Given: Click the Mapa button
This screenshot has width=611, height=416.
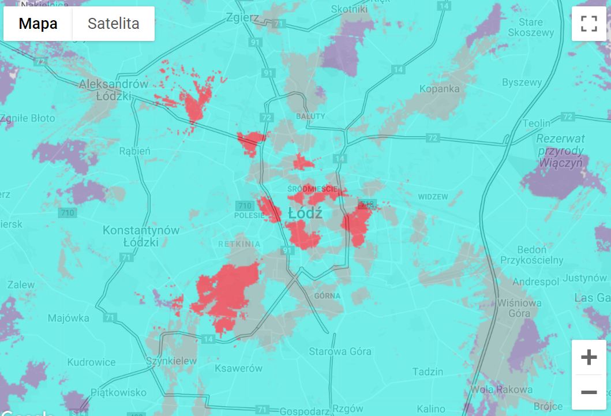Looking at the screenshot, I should coord(38,24).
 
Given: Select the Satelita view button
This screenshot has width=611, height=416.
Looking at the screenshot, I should coord(113,24).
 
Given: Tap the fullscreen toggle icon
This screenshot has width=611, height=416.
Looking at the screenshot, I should coord(588,24).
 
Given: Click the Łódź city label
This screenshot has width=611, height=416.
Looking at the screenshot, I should coord(305,213).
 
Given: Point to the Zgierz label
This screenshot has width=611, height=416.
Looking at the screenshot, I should coord(243,17).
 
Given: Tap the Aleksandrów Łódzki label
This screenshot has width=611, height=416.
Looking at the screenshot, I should coord(114,89).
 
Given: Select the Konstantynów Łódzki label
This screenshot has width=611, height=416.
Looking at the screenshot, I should coord(141,236).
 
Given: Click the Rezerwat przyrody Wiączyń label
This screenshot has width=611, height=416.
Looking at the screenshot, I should coord(560,151).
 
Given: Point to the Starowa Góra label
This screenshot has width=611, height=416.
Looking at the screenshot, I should coord(340,351).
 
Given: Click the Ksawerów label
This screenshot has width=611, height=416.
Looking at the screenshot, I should coord(238,368).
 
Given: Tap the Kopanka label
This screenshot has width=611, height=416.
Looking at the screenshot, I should coord(440,89).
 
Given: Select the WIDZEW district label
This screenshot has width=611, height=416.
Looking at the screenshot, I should coord(433,197).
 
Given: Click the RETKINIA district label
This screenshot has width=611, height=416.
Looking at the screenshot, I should coord(239,244).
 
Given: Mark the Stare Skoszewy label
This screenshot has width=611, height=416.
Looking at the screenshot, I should coord(531,27).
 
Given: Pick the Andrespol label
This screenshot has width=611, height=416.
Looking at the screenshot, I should coord(536,282).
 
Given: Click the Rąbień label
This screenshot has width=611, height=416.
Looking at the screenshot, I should coord(134,151).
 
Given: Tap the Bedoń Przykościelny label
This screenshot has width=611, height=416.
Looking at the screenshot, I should coord(531,255).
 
